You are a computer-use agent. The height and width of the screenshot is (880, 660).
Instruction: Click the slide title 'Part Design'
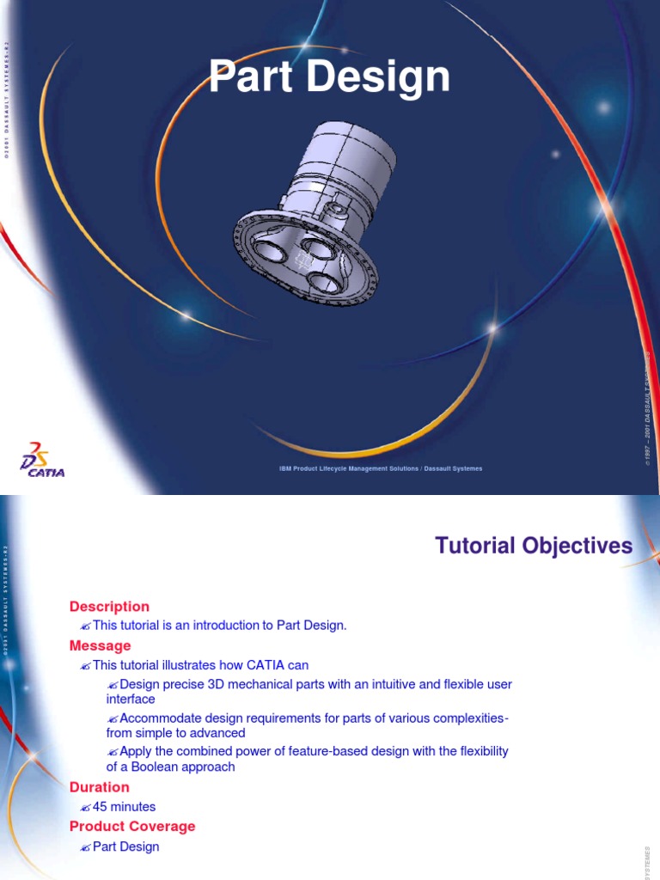tap(330, 77)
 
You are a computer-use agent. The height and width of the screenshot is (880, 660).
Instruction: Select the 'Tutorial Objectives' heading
tap(534, 546)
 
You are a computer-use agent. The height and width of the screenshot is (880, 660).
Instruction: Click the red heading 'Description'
tap(109, 607)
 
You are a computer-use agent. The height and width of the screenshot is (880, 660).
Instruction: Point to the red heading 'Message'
tap(101, 646)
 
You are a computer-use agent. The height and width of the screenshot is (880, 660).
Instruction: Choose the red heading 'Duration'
tap(100, 787)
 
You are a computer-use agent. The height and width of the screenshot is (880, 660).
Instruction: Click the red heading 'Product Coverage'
tap(132, 827)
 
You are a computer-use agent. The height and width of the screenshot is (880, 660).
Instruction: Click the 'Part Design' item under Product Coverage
tap(126, 846)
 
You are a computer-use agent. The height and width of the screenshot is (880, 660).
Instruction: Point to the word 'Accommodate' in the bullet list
tap(160, 718)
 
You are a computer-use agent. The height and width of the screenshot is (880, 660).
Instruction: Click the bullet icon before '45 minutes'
tap(84, 808)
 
